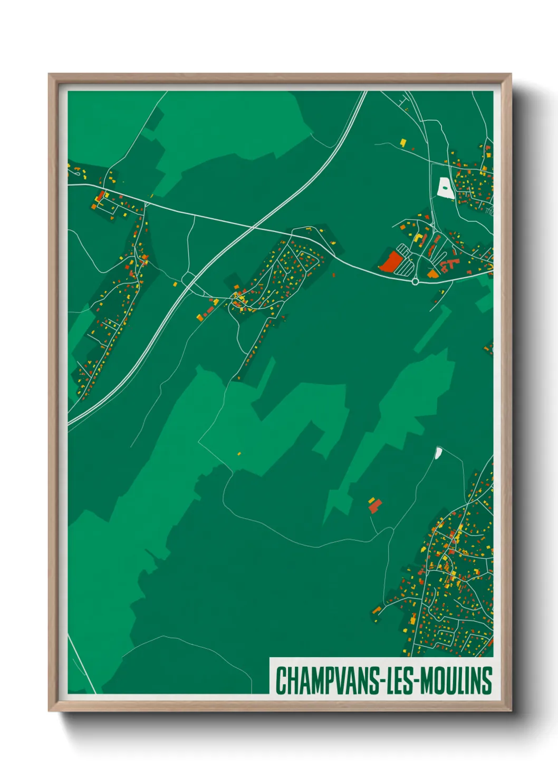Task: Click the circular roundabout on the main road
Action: pyautogui.click(x=415, y=281)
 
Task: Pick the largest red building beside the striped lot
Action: pyautogui.click(x=391, y=261)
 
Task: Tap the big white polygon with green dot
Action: pyautogui.click(x=445, y=188)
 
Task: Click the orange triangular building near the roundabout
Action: pyautogui.click(x=432, y=274)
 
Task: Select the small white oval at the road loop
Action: pyautogui.click(x=438, y=452)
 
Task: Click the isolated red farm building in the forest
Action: pyautogui.click(x=375, y=506)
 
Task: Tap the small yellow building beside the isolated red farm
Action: pyautogui.click(x=371, y=500)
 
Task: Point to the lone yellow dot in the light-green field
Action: pyautogui.click(x=239, y=453)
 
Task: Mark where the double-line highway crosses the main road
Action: pyautogui.click(x=254, y=228)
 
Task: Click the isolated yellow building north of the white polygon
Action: pyautogui.click(x=403, y=142)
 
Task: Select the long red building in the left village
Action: pyautogui.click(x=100, y=196)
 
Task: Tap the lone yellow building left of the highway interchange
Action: pyautogui.click(x=175, y=284)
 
